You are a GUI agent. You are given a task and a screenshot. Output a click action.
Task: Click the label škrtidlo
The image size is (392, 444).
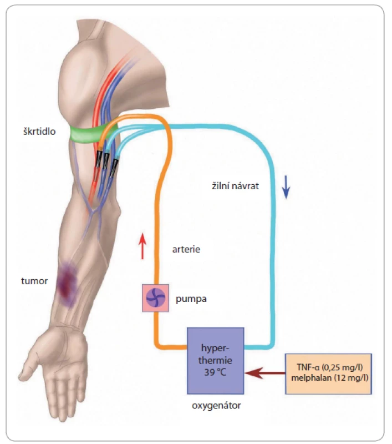pyautogui.click(x=39, y=132)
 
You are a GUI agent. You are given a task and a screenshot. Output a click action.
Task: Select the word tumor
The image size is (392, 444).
pyautogui.click(x=34, y=281)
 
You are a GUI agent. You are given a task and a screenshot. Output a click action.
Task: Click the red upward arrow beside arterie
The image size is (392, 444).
pyautogui.click(x=142, y=246)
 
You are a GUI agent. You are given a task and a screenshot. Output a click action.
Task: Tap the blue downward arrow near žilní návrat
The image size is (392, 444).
pyautogui.click(x=286, y=187)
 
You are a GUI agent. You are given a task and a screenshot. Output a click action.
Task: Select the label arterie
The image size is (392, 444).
pyautogui.click(x=186, y=249)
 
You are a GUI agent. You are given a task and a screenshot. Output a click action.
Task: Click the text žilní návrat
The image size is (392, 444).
pyautogui.click(x=235, y=186)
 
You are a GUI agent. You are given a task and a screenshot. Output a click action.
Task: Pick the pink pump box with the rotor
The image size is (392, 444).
pyautogui.click(x=155, y=298)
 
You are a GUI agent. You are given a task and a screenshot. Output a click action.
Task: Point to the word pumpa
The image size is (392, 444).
pyautogui.click(x=191, y=299)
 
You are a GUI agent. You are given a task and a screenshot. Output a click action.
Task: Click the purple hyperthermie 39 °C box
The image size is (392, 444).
pyautogui.click(x=215, y=360)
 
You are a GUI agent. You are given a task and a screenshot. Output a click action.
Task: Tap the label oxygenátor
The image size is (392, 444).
pyautogui.click(x=216, y=406)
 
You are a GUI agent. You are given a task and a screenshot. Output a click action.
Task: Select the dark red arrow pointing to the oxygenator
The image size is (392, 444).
pyautogui.click(x=265, y=373)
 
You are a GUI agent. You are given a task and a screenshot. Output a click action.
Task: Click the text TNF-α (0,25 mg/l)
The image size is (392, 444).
pyautogui.click(x=330, y=367)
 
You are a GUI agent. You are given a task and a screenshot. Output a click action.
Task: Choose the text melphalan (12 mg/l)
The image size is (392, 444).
pyautogui.click(x=330, y=378)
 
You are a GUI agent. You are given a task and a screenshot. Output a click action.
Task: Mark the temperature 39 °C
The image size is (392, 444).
pyautogui.click(x=215, y=372)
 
